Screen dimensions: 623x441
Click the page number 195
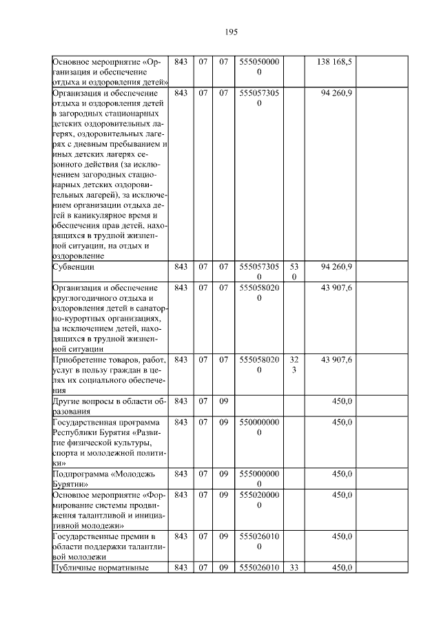click(x=231, y=32)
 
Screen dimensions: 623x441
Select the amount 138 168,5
click(x=334, y=62)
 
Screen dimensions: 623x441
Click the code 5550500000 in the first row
click(x=258, y=67)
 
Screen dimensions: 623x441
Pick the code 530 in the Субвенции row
click(x=294, y=271)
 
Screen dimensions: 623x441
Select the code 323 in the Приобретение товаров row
click(x=294, y=365)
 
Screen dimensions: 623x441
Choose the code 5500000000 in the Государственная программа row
click(x=258, y=427)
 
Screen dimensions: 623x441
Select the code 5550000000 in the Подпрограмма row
click(x=258, y=478)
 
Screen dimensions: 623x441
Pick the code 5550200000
click(x=258, y=500)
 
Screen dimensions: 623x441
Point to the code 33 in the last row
click(x=294, y=567)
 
